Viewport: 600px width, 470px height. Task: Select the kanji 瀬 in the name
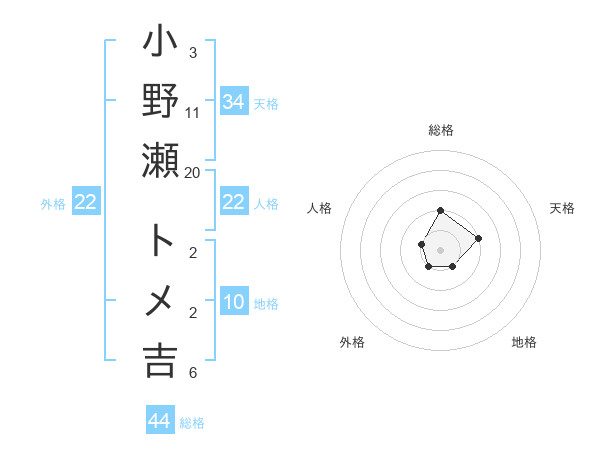pos(161,159)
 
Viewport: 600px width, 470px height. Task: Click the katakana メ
pos(161,299)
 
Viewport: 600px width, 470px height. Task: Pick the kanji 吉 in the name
pos(161,360)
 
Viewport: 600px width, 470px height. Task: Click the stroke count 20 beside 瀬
pos(192,172)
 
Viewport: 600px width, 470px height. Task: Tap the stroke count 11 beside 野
pos(192,112)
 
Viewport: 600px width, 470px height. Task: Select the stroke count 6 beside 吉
pos(192,373)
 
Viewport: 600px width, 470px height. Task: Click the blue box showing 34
pos(233,101)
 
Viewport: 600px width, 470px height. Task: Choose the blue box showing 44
pos(159,421)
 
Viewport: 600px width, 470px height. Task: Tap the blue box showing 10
pos(233,302)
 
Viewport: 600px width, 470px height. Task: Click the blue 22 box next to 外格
pos(86,202)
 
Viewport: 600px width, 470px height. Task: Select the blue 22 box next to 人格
pos(233,202)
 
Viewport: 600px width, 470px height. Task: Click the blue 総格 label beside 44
pos(192,423)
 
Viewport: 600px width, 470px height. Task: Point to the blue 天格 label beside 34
pos(266,103)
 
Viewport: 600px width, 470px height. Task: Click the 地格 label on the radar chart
pos(524,342)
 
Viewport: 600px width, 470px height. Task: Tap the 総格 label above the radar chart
pos(441,130)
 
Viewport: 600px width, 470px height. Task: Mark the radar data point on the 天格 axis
pos(478,238)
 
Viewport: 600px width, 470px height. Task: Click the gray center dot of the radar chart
pos(440,248)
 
